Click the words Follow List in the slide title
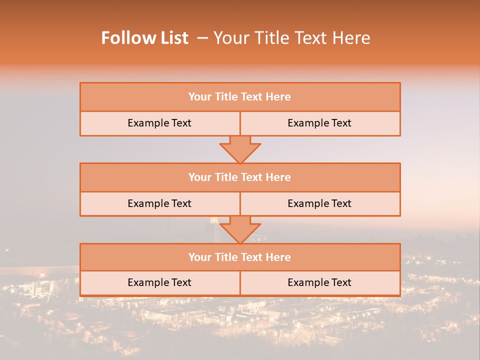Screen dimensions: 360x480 tap(145, 38)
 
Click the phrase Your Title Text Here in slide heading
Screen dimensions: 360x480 tap(291, 38)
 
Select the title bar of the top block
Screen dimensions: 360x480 tap(240, 97)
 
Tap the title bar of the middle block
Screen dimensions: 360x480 tap(240, 177)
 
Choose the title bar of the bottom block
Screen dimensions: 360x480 tap(240, 257)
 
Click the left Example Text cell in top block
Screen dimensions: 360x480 tap(159, 123)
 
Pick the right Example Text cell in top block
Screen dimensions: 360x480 tap(319, 123)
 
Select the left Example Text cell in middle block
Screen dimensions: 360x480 tap(159, 203)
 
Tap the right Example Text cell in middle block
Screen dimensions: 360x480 tap(319, 203)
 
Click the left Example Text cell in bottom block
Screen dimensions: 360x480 tap(159, 282)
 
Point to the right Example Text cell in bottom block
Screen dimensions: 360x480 tap(319, 282)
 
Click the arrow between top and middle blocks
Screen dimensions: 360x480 tap(240, 149)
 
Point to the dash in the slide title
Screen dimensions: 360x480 tap(202, 38)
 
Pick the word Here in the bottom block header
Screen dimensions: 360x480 tap(278, 257)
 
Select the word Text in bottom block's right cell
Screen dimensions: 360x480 tap(341, 282)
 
